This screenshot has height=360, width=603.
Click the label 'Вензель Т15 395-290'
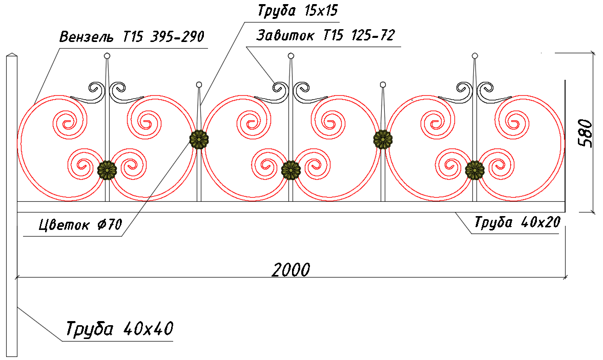click(132, 36)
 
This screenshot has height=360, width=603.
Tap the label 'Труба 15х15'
click(298, 10)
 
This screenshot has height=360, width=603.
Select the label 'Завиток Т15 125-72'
click(325, 35)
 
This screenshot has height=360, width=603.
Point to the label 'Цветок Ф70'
click(80, 224)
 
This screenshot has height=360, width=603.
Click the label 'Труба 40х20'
click(517, 222)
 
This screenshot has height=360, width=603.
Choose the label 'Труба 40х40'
click(119, 329)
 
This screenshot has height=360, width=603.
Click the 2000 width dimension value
click(290, 270)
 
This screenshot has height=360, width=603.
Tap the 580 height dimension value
click(586, 133)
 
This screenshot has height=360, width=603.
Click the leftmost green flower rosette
click(107, 170)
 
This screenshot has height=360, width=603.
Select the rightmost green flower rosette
click(475, 170)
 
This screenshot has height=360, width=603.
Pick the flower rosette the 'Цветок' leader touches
click(199, 140)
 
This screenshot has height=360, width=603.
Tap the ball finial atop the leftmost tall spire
click(107, 56)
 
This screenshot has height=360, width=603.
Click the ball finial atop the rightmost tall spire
click(475, 56)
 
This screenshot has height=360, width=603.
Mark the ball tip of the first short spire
click(199, 84)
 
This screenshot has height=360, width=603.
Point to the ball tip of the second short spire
click(383, 84)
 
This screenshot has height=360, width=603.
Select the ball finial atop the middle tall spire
click(291, 56)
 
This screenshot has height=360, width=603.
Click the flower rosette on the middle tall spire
click(291, 170)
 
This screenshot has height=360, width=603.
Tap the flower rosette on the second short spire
click(383, 140)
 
